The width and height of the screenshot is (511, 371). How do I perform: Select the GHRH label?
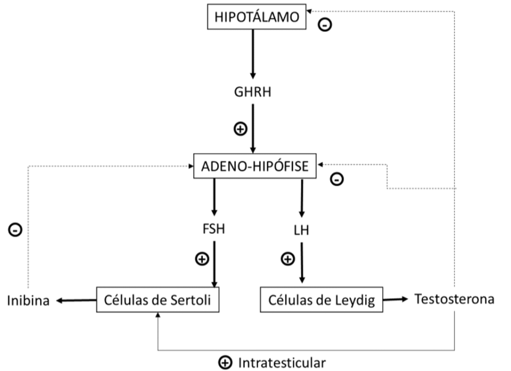pos(253,92)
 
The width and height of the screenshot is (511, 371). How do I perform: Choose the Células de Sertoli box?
pos(157,300)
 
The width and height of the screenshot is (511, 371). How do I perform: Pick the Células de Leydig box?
pos(321,300)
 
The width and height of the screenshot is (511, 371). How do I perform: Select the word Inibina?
pos(28,301)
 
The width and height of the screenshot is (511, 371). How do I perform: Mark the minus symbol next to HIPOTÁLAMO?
pos(324,24)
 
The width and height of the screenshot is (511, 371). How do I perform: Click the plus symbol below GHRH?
pos(241,129)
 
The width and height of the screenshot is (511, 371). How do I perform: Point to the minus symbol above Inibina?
pos(15,229)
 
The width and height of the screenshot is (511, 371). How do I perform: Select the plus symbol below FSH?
pos(202,259)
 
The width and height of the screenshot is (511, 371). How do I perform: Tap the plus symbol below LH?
pos(288,259)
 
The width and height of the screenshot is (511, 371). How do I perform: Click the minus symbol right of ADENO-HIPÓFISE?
pos(337,179)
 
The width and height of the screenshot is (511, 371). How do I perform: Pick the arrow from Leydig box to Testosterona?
pos(394,299)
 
